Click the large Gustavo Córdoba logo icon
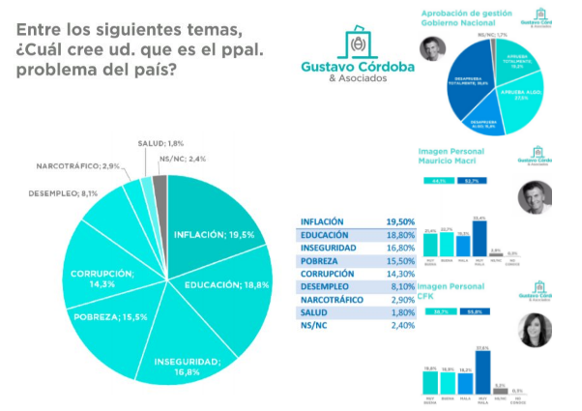pyautogui.click(x=358, y=45)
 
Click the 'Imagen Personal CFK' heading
pyautogui.click(x=449, y=292)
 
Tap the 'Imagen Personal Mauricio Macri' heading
pyautogui.click(x=454, y=157)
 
